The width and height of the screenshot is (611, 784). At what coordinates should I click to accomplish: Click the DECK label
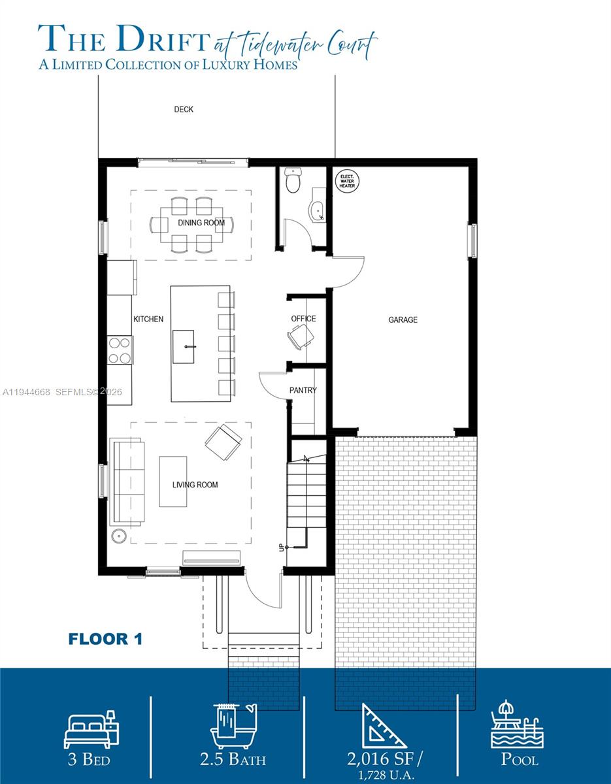(184, 109)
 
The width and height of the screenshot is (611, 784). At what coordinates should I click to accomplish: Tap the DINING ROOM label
(201, 223)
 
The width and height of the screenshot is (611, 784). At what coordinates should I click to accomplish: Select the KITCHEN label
(148, 319)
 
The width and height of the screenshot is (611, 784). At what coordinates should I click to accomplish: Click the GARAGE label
(403, 319)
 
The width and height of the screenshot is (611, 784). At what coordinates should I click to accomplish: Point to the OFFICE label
(303, 319)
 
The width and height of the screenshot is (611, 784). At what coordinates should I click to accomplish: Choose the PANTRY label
(303, 390)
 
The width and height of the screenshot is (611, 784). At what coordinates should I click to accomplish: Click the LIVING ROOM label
(195, 485)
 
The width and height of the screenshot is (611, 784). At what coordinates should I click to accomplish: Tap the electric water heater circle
(347, 181)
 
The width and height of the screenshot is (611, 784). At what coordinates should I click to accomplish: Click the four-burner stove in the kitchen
(120, 350)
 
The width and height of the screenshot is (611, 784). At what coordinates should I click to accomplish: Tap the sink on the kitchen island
(184, 347)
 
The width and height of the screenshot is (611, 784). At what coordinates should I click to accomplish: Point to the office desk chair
(301, 337)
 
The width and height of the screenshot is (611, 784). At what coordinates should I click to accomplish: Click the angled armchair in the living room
(223, 442)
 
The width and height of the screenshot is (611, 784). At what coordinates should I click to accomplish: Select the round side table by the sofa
(119, 536)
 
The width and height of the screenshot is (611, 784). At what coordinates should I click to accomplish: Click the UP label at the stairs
(281, 547)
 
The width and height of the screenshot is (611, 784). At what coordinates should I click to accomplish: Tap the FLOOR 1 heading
(105, 640)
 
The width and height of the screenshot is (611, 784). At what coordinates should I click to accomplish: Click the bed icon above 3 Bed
(91, 729)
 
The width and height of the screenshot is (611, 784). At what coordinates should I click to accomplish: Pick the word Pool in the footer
(520, 759)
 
